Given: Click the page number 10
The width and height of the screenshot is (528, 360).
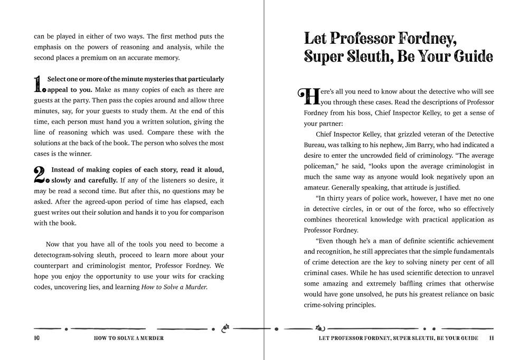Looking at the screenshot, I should tap(36, 338).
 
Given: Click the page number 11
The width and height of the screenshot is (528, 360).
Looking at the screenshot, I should tap(491, 338).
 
